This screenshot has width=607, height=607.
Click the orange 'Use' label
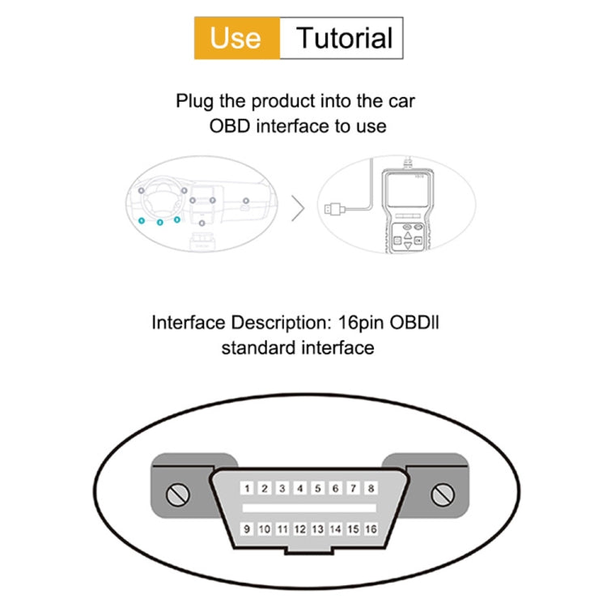[x=236, y=38]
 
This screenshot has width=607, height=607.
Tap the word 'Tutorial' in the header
[x=343, y=38]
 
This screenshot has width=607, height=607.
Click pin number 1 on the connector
[x=246, y=489]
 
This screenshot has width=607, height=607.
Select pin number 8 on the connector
[x=371, y=489]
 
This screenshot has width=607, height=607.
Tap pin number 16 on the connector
[x=371, y=529]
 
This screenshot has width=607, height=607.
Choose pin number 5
[x=317, y=489]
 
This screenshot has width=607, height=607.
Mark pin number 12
[x=299, y=529]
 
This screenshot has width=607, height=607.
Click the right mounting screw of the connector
[x=441, y=494]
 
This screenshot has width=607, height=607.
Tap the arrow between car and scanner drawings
[x=298, y=209]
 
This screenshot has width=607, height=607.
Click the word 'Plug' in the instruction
[x=195, y=102]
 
